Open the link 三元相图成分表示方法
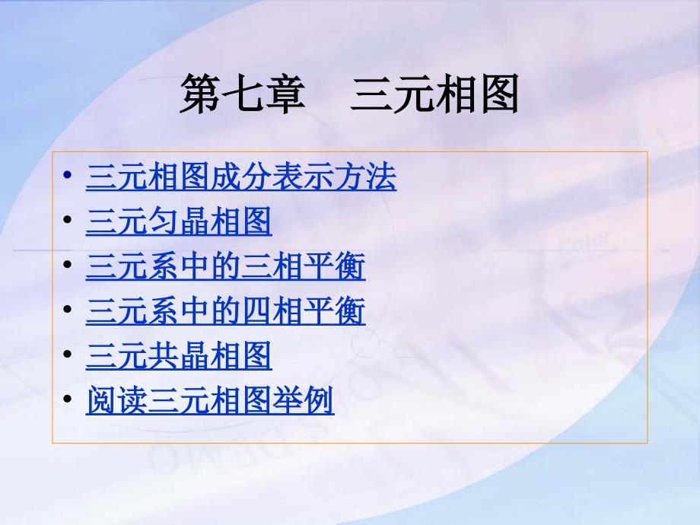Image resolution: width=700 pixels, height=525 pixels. pyautogui.click(x=241, y=177)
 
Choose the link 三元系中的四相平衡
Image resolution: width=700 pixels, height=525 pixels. pyautogui.click(x=225, y=311)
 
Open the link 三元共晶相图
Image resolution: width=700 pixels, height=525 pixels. pyautogui.click(x=179, y=356)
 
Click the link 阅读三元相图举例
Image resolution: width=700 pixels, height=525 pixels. pyautogui.click(x=210, y=401)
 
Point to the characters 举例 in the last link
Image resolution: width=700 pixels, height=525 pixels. pyautogui.click(x=319, y=401)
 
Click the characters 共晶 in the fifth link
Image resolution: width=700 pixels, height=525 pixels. pyautogui.click(x=179, y=356)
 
